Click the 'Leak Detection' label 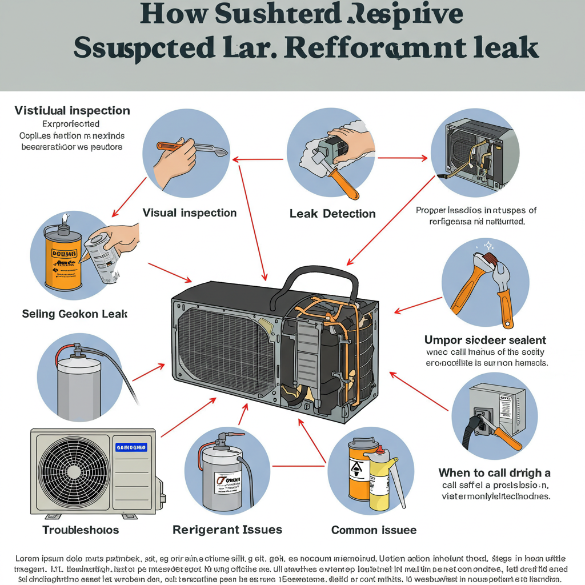pyautogui.click(x=332, y=214)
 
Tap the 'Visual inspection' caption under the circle pyautogui.click(x=189, y=213)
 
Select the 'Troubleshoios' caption pyautogui.click(x=81, y=530)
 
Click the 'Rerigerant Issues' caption pyautogui.click(x=227, y=530)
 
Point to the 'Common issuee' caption pyautogui.click(x=374, y=530)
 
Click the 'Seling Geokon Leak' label pyautogui.click(x=74, y=314)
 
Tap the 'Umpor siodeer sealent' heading pyautogui.click(x=485, y=340)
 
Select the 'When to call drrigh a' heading pyautogui.click(x=494, y=473)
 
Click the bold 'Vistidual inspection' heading pyautogui.click(x=72, y=110)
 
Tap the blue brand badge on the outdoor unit pyautogui.click(x=131, y=447)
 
